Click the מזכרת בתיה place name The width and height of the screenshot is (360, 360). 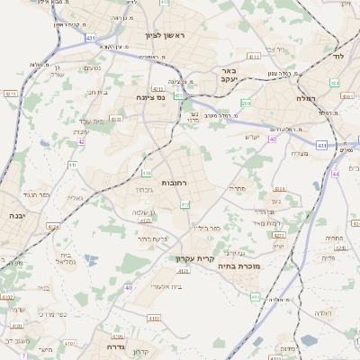(x=241, y=266)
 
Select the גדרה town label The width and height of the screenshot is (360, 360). (x=114, y=346)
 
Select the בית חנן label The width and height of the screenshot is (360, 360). (x=96, y=91)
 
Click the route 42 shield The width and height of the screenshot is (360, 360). (x=81, y=141)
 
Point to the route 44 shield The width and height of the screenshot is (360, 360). (x=335, y=174)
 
